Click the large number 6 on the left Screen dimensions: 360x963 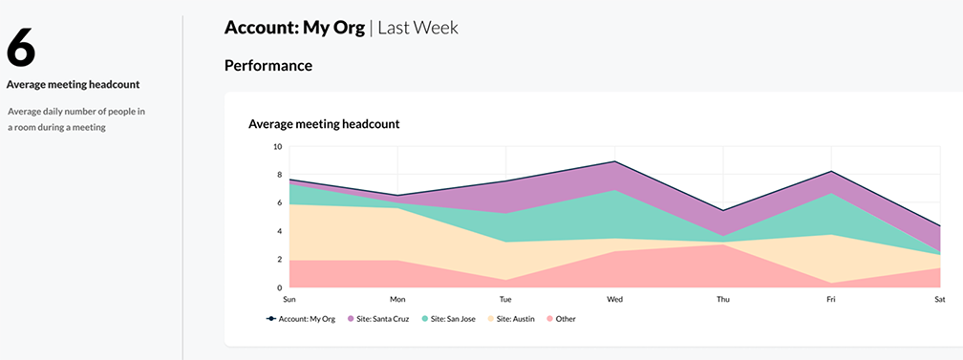(22, 48)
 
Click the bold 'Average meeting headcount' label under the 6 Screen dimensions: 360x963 (74, 85)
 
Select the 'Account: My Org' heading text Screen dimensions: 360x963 (294, 28)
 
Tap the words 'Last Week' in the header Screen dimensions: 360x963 (417, 28)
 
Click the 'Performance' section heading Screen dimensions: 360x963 (267, 66)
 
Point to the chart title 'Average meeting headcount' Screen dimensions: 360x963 (323, 124)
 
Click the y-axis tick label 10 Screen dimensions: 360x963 (277, 147)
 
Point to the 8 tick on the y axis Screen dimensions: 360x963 (279, 175)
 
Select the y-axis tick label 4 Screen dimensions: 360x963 (279, 231)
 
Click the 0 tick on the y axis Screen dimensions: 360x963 (279, 287)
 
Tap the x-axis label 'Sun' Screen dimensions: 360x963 (289, 300)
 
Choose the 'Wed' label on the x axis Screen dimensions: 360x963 (615, 300)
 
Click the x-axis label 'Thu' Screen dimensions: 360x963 (723, 300)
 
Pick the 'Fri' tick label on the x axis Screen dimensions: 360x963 (832, 300)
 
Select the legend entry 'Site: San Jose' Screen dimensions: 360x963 (450, 319)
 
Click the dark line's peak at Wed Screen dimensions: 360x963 (615, 161)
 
